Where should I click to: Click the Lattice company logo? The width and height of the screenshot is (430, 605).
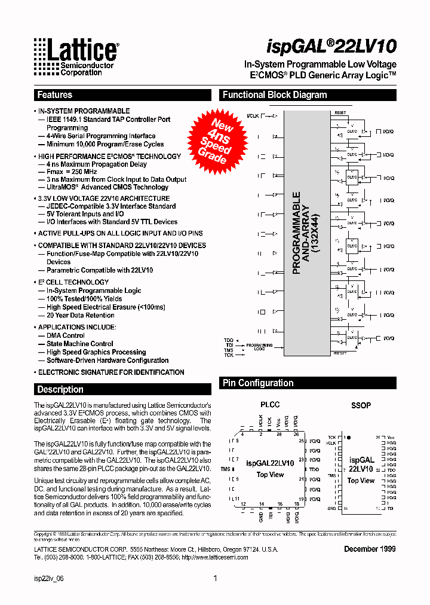pos(75,57)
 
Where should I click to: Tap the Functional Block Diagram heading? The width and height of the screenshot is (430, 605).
pos(275,95)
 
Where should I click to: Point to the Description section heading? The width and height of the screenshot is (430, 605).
pos(60,389)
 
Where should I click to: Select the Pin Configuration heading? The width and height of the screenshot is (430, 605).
pos(258,383)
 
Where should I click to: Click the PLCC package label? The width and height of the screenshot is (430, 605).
pos(270,405)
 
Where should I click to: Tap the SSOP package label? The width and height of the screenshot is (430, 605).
pos(361,405)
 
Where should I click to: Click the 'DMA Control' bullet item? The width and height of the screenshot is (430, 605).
pos(66,335)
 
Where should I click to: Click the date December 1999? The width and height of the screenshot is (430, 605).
pos(370,549)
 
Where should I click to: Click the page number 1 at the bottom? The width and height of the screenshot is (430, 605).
pos(215,578)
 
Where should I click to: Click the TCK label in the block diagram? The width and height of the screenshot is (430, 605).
pos(229,355)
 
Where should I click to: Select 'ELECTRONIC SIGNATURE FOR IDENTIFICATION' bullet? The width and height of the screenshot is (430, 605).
pos(111,372)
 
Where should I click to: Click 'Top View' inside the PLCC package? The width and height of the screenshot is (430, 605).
pos(270,475)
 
